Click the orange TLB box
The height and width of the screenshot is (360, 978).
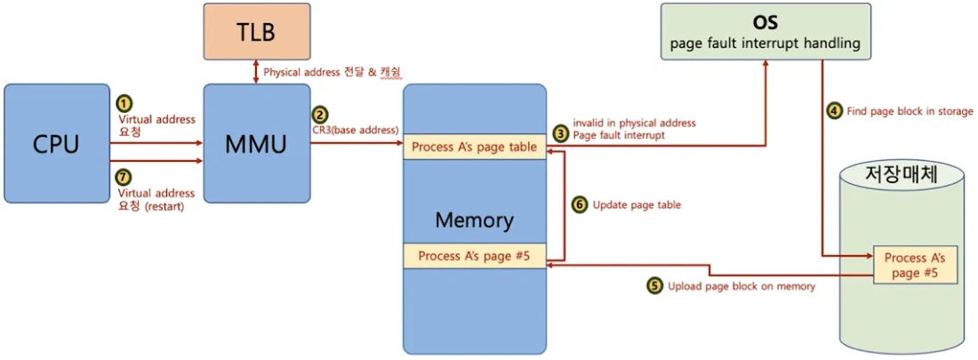click(x=255, y=33)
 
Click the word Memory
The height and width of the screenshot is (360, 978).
click(x=474, y=220)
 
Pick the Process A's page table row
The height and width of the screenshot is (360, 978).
click(x=474, y=148)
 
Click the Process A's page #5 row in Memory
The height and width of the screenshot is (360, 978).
click(x=474, y=256)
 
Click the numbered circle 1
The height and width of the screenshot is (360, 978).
click(x=124, y=103)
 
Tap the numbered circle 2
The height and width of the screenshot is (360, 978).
click(x=320, y=115)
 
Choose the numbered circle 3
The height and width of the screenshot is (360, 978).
click(x=560, y=132)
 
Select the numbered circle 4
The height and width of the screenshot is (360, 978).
click(x=834, y=111)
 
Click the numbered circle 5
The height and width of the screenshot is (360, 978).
click(x=654, y=285)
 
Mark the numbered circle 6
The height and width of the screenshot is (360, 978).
click(x=579, y=204)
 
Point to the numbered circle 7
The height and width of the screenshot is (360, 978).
click(x=124, y=178)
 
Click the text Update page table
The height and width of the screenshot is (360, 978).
click(x=636, y=204)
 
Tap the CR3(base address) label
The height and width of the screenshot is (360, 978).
click(x=354, y=131)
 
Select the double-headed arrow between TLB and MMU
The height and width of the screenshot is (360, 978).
click(x=256, y=72)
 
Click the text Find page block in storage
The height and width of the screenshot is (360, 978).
click(x=909, y=111)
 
